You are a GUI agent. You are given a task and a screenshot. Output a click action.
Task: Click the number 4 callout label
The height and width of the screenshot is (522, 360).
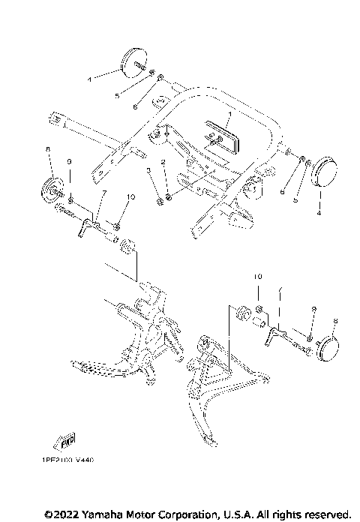(319, 213)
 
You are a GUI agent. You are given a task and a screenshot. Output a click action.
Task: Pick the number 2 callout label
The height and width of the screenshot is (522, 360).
(161, 162)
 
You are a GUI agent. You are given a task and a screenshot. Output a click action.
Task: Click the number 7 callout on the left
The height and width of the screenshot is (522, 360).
(104, 194)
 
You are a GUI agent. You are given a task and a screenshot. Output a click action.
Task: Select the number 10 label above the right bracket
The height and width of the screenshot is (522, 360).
(257, 277)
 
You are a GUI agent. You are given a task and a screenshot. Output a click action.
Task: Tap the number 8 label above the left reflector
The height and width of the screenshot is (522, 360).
(49, 150)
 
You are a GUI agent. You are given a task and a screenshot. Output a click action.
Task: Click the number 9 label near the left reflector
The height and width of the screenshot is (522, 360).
(69, 162)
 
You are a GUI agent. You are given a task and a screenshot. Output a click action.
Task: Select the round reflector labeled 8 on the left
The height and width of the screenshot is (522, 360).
(53, 189)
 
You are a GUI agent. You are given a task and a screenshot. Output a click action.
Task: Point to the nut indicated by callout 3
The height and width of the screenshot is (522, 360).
(160, 200)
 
